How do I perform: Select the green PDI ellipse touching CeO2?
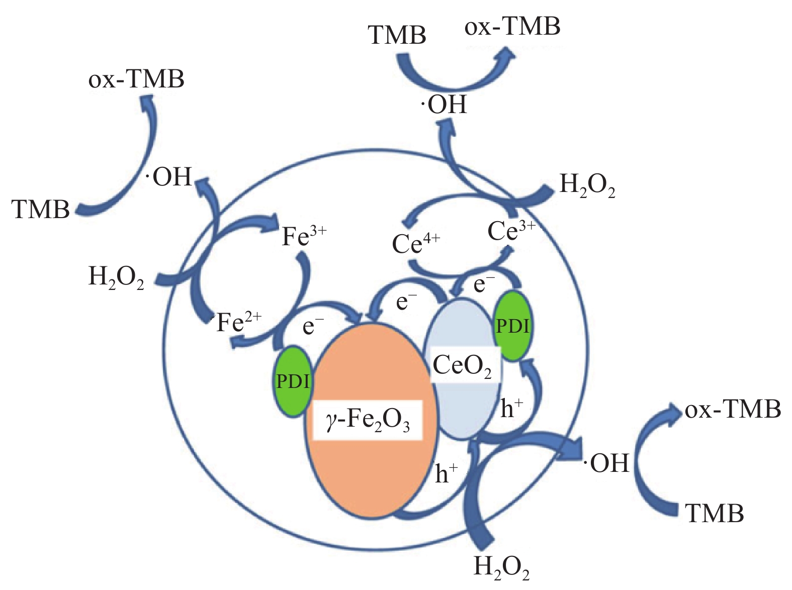click(x=513, y=327)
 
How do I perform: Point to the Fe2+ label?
click(x=239, y=323)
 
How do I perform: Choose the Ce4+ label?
click(x=416, y=244)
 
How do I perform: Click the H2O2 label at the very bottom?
click(x=501, y=567)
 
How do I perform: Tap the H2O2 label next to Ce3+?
click(x=587, y=187)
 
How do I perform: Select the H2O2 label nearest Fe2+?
click(x=116, y=278)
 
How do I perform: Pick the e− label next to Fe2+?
click(x=313, y=327)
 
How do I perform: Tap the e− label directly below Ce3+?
click(x=484, y=285)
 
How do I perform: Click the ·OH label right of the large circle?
click(x=607, y=463)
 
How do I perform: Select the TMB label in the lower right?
click(x=714, y=514)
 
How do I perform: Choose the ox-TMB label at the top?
click(x=512, y=27)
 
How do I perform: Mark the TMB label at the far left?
click(x=41, y=209)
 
